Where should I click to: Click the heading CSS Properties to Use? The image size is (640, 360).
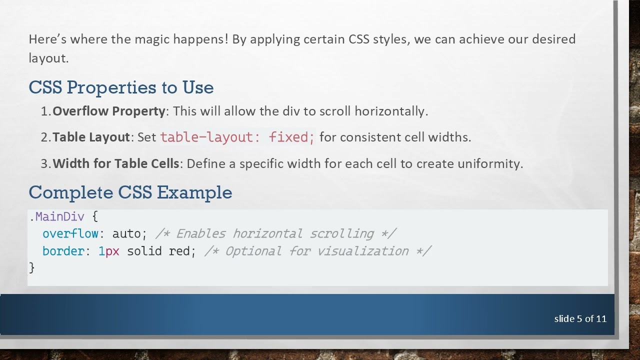click(121, 87)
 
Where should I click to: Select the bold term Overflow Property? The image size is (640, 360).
click(108, 111)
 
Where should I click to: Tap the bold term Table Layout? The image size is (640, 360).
click(91, 137)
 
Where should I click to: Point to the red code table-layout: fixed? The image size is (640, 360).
click(237, 137)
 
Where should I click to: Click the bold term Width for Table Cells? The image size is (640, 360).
click(115, 163)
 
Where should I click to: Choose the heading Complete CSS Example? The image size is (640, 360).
click(130, 192)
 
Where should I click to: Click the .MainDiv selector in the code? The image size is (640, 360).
click(56, 216)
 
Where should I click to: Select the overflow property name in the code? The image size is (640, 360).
click(70, 233)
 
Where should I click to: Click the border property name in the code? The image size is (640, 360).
click(63, 251)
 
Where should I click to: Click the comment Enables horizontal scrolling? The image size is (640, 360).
click(276, 233)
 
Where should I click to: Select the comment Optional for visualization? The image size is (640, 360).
click(317, 251)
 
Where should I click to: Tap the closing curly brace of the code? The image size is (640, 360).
click(32, 267)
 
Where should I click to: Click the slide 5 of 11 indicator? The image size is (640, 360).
click(580, 318)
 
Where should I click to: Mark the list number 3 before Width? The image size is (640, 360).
click(44, 163)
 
